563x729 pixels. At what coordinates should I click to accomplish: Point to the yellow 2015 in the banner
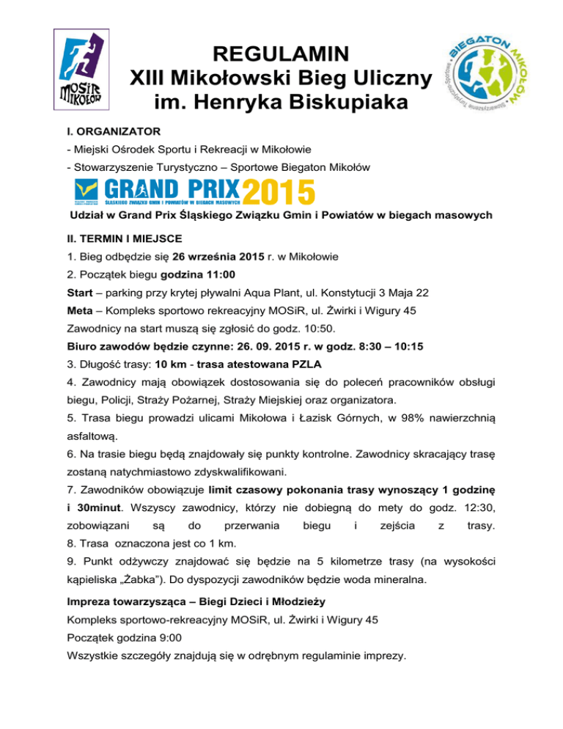click(279, 191)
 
